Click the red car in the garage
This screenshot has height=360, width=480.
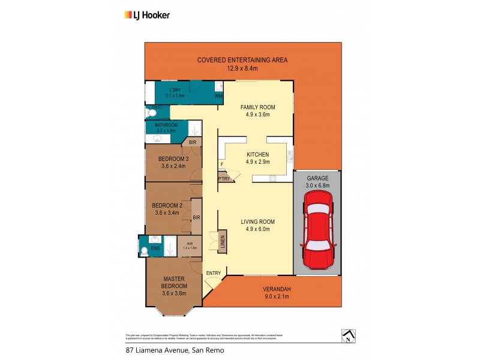click(x=317, y=235)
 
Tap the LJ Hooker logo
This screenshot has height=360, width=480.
click(x=146, y=14)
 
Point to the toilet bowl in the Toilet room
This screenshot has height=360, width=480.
click(x=150, y=112)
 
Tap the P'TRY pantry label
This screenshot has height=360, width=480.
click(x=224, y=179)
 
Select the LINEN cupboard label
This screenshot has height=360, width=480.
click(x=222, y=242)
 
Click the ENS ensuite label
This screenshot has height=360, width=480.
click(x=155, y=248)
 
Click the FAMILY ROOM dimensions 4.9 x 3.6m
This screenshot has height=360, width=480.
click(x=258, y=115)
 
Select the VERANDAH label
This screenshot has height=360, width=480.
click(x=277, y=289)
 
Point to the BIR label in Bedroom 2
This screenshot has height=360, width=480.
click(x=196, y=217)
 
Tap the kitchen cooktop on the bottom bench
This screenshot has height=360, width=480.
click(x=273, y=177)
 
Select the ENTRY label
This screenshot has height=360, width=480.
click(x=213, y=274)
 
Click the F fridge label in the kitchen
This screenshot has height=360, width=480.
click(x=222, y=163)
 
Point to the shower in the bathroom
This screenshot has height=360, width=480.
click(x=195, y=128)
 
